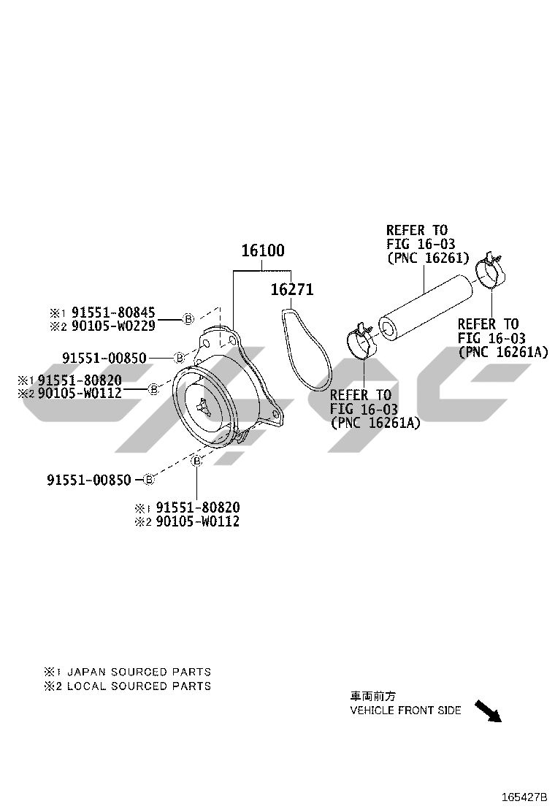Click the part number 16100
tap(263, 250)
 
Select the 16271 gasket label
tap(291, 289)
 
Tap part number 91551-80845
tap(113, 313)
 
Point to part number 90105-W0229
tap(113, 326)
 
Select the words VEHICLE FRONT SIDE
tap(405, 710)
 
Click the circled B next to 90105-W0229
tap(188, 319)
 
